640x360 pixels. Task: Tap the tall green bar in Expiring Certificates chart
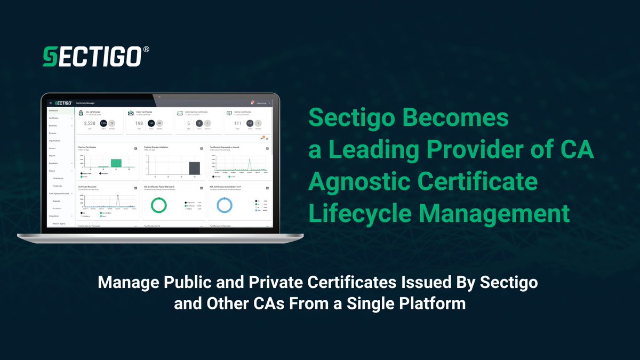pos(116,163)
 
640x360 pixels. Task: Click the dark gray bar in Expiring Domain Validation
pos(195,168)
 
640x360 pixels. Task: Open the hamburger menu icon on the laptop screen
pos(50,103)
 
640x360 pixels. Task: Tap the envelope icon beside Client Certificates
pos(131,113)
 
